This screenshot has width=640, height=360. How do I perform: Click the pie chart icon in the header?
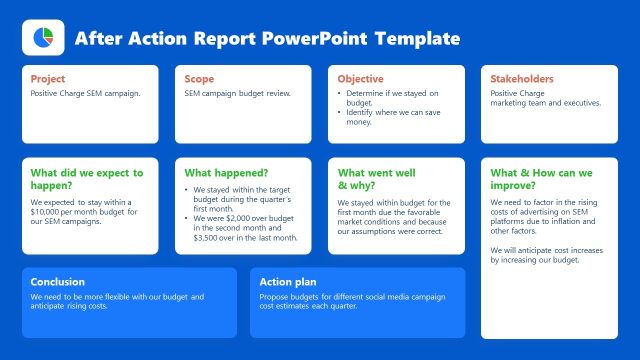point(43,38)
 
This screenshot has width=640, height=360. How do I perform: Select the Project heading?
point(48,79)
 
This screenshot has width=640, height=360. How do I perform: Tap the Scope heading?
point(200,79)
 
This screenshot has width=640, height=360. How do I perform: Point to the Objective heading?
point(360,79)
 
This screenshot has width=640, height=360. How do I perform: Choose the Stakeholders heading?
point(522,79)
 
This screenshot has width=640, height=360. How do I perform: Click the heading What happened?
point(226,173)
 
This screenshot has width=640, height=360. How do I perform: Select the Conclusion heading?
point(58,282)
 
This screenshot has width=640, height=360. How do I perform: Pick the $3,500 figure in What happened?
point(209,238)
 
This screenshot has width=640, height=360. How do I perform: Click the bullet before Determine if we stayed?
point(341,93)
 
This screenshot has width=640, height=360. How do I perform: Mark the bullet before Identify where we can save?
point(341,113)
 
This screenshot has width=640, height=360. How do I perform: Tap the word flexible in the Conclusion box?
point(133,297)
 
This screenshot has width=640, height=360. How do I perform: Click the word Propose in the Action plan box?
point(274,297)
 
